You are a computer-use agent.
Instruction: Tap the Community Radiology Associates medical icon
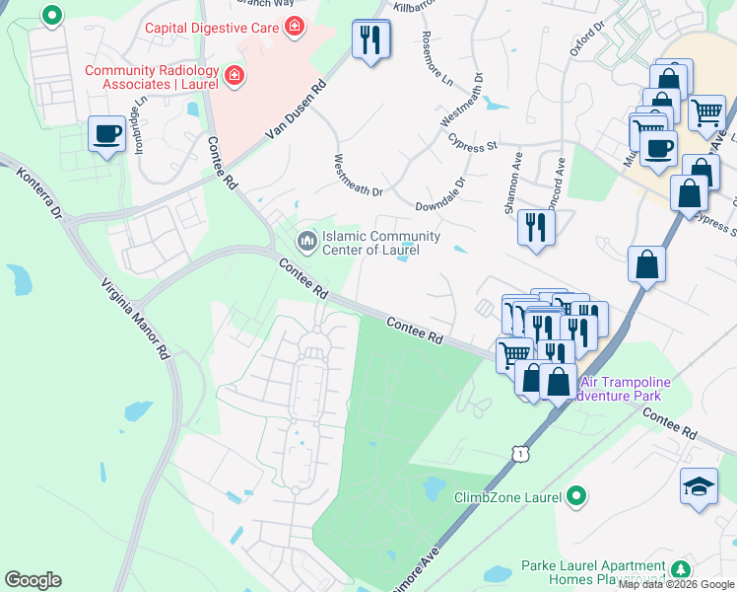pyautogui.click(x=234, y=75)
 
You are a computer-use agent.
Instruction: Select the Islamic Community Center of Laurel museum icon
pyautogui.click(x=306, y=240)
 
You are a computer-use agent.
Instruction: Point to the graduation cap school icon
pyautogui.click(x=699, y=485)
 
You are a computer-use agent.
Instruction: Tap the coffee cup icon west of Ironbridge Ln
pyautogui.click(x=106, y=133)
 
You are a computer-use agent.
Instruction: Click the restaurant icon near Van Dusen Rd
pyautogui.click(x=370, y=39)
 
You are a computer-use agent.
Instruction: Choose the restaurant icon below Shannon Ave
pyautogui.click(x=535, y=227)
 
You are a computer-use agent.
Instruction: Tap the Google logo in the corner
pyautogui.click(x=33, y=580)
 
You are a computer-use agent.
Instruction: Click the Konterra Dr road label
pyautogui.click(x=39, y=192)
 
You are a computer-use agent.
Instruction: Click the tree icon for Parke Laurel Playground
pyautogui.click(x=679, y=569)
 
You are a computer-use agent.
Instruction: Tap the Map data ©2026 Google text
pyautogui.click(x=677, y=584)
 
